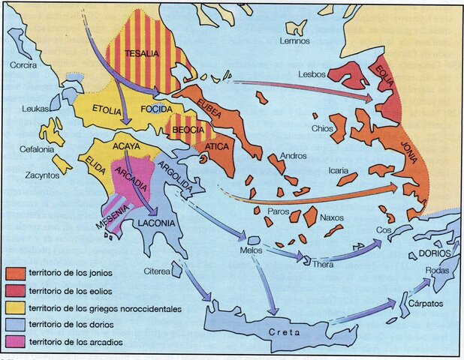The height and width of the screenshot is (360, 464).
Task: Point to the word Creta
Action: coord(282,331)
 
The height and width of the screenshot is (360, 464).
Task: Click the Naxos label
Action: coord(331,218)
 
